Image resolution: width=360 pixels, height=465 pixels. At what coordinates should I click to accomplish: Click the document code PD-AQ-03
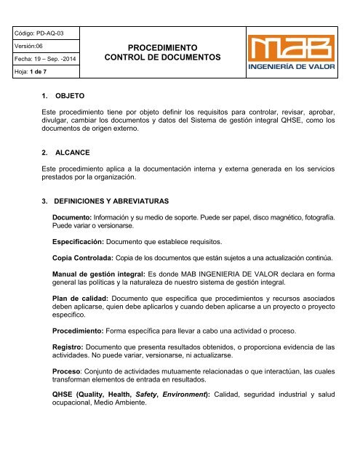48,33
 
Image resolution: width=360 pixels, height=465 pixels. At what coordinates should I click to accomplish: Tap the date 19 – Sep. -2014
48,58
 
